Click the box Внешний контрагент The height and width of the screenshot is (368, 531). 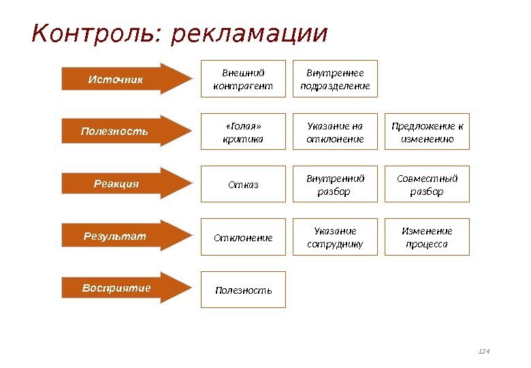tap(243, 79)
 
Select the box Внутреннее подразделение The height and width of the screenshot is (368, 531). tap(335, 79)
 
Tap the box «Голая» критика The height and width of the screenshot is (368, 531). tap(243, 132)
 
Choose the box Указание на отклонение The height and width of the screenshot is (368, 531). tap(335, 132)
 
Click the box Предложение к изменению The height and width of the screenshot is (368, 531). tap(427, 132)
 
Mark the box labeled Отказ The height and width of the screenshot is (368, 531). tap(243, 184)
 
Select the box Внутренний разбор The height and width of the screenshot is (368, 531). tap(335, 184)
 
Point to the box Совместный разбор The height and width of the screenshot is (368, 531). tap(427, 184)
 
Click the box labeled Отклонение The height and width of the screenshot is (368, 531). tap(243, 237)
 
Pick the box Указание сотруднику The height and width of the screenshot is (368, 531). tap(335, 237)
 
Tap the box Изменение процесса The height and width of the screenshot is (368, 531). tap(427, 237)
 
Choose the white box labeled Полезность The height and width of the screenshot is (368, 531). tap(243, 290)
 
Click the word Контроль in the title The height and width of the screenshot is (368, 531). tap(94, 34)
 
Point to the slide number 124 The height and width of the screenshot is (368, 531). tap(484, 352)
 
